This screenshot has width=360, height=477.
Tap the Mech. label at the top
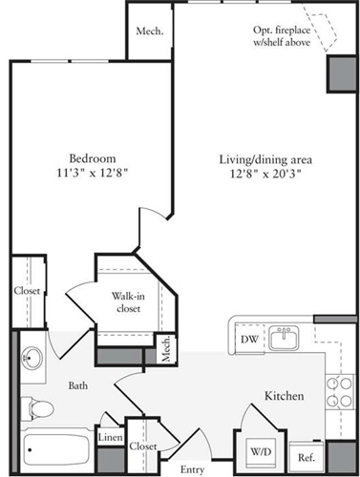[149, 31]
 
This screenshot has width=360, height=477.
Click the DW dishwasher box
[248, 339]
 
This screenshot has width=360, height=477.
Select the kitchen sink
[284, 338]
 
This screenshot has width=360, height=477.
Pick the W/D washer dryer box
[260, 450]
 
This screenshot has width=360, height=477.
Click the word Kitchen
[284, 395]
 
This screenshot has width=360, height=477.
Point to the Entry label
[192, 468]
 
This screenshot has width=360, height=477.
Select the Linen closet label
[110, 438]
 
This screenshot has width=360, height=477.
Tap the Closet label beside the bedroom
[25, 292]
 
